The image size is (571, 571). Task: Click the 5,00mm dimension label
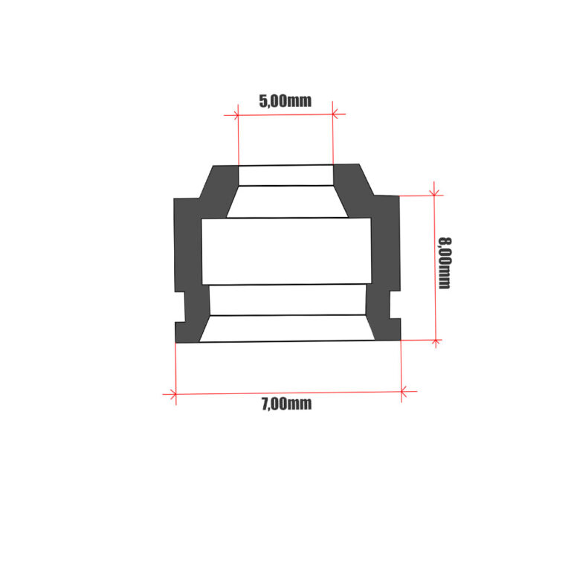pyautogui.click(x=285, y=101)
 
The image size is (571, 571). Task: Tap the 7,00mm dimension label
pyautogui.click(x=286, y=404)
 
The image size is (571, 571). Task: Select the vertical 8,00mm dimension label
pyautogui.click(x=445, y=263)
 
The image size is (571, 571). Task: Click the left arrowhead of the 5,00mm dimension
pyautogui.click(x=236, y=115)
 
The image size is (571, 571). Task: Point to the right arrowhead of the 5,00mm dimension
pyautogui.click(x=335, y=114)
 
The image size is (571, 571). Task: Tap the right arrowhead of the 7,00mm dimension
pyautogui.click(x=404, y=393)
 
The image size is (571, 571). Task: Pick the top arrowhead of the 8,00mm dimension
pyautogui.click(x=434, y=193)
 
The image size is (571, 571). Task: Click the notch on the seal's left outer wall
pyautogui.click(x=180, y=307)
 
